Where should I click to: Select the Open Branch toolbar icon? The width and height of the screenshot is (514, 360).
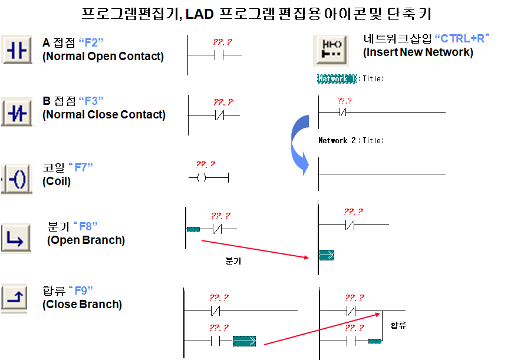(16, 238)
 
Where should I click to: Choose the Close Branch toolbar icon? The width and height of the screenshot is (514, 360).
(16, 297)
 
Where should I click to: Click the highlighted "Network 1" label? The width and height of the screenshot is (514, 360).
(337, 78)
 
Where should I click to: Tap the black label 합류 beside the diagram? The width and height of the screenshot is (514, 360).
(398, 325)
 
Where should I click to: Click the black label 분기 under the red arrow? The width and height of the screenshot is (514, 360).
(233, 261)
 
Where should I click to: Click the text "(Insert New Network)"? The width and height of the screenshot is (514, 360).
(418, 52)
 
